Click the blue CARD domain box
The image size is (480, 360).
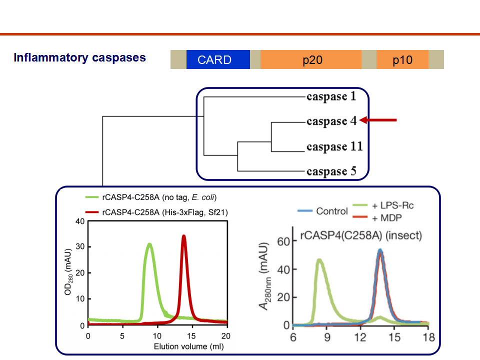pos(218,59)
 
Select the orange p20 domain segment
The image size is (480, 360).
pos(310,59)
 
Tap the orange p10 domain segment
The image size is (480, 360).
pos(402,59)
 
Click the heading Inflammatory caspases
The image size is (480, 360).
pos(79,57)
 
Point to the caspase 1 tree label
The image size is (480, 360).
pos(331,96)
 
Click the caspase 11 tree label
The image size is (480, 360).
pos(334,146)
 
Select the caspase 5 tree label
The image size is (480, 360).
pos(331,171)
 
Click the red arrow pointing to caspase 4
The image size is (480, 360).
pos(378,120)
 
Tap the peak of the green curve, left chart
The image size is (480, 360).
pos(149,244)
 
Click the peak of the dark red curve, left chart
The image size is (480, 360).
pos(183,236)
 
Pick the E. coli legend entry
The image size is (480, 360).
pos(151,197)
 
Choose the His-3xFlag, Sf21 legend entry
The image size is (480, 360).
pos(156,212)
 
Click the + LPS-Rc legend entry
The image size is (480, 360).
pos(383,205)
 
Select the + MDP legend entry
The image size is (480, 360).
pos(377,218)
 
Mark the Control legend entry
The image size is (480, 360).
pos(322,211)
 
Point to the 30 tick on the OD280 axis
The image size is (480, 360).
pos(80,246)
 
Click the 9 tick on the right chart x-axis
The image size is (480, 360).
pos(327,337)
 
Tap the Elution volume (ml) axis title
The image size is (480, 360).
pos(189,346)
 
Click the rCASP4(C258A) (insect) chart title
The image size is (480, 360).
pos(361,235)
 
